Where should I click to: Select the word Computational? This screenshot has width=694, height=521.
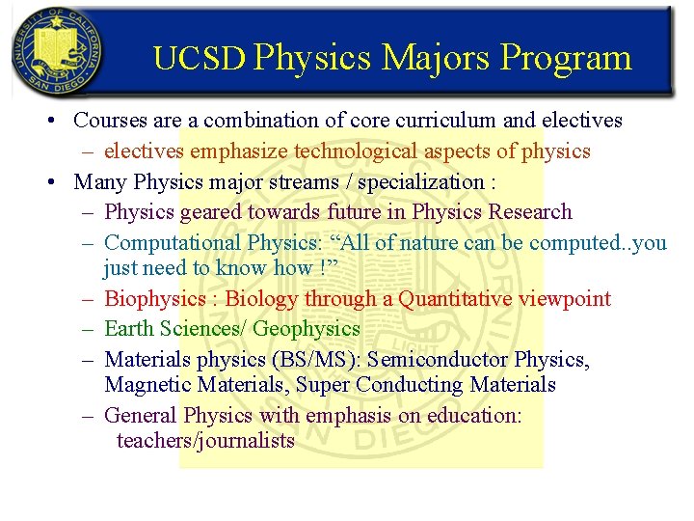pyautogui.click(x=173, y=242)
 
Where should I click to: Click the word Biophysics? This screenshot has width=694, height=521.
pyautogui.click(x=155, y=299)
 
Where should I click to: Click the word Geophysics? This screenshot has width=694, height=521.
pyautogui.click(x=307, y=329)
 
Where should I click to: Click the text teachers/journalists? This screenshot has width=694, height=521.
pyautogui.click(x=205, y=441)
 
